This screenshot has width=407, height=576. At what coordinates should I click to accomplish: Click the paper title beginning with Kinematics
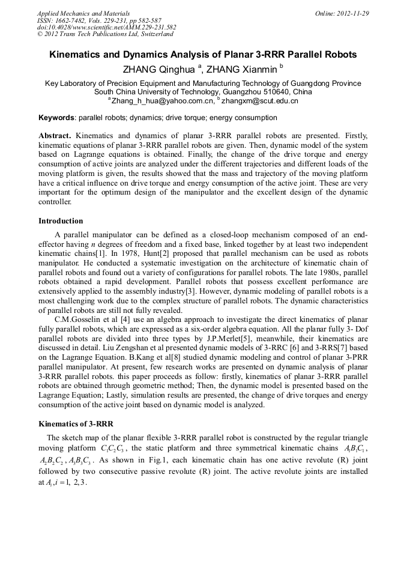[203, 55]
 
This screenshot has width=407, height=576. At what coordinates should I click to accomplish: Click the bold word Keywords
[57, 118]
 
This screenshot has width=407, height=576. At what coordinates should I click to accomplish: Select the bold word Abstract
[54, 136]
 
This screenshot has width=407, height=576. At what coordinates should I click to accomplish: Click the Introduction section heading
[61, 221]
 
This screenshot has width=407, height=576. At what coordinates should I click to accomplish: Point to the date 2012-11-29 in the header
[350, 13]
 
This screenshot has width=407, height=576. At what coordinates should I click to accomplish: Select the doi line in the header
[107, 28]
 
